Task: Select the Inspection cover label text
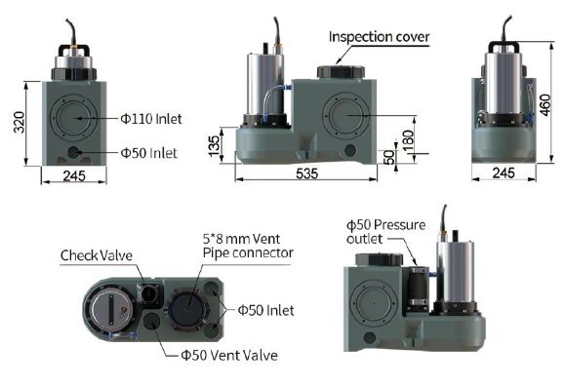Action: point(379,37)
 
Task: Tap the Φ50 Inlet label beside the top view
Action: point(265,310)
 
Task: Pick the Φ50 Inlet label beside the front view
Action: point(148,152)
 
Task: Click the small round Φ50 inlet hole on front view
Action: point(77,152)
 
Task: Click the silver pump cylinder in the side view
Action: point(263,83)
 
